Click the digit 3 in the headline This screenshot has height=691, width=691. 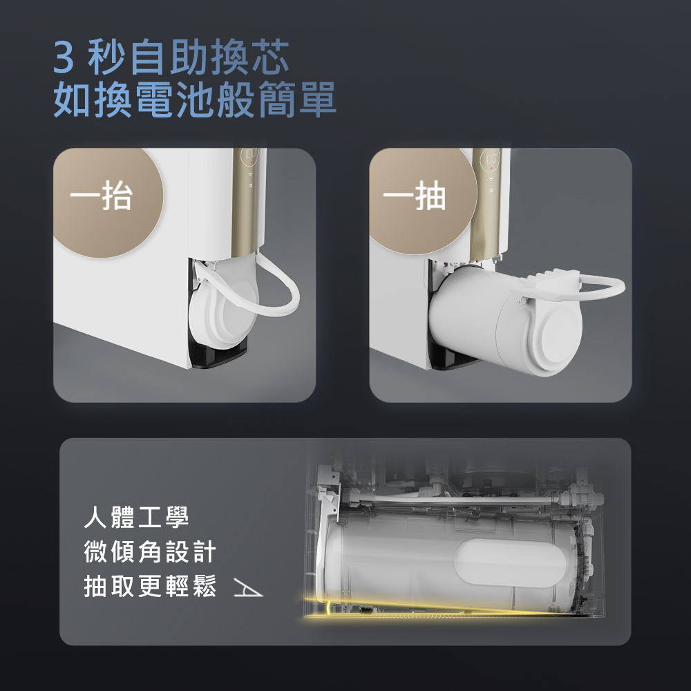(x=64, y=58)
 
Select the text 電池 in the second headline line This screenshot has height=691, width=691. (x=174, y=100)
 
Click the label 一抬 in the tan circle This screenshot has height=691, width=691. (x=101, y=196)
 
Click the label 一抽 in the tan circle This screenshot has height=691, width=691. (x=414, y=196)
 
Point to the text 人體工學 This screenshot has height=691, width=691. (x=136, y=517)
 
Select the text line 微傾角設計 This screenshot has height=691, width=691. (x=150, y=551)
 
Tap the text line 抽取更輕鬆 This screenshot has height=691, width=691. (x=150, y=586)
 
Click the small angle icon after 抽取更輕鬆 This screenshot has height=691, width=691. (x=247, y=588)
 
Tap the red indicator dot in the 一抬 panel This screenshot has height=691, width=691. (x=252, y=164)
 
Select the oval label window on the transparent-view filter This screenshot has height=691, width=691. (x=511, y=562)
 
